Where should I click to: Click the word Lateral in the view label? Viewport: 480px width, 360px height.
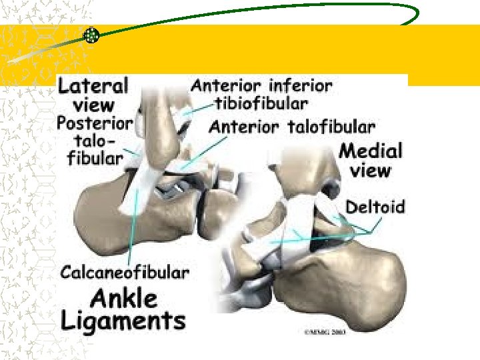click(x=94, y=86)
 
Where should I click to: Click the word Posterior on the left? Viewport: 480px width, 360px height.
click(x=95, y=123)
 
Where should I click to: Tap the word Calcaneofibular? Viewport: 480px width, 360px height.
click(x=125, y=272)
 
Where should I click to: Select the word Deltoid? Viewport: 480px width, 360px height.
click(x=375, y=207)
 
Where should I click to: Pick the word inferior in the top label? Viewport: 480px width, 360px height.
click(x=299, y=86)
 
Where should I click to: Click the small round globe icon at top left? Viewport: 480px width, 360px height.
click(x=91, y=36)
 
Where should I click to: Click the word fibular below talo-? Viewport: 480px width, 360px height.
click(x=95, y=159)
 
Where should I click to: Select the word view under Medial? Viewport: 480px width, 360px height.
click(x=371, y=171)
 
